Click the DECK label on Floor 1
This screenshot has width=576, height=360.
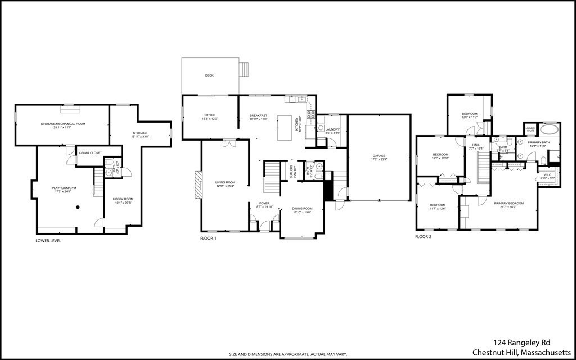pyautogui.click(x=209, y=75)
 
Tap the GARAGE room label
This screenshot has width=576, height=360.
pyautogui.click(x=379, y=155)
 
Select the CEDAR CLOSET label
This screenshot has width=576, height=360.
pyautogui.click(x=90, y=153)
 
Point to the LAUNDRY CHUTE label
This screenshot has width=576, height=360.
pyautogui.click(x=530, y=129)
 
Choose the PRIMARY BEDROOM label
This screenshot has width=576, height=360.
pyautogui.click(x=508, y=203)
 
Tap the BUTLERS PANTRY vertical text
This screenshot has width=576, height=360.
pyautogui.click(x=291, y=172)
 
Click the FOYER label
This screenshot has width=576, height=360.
pyautogui.click(x=264, y=203)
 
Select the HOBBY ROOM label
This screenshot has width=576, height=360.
pyautogui.click(x=122, y=199)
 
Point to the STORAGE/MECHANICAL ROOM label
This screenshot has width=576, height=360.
pyautogui.click(x=62, y=123)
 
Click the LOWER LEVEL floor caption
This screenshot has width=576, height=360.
pyautogui.click(x=48, y=241)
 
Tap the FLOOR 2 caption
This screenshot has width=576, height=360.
pyautogui.click(x=423, y=237)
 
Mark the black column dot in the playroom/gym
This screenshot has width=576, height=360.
pyautogui.click(x=78, y=207)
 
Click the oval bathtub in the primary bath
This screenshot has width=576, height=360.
pyautogui.click(x=550, y=129)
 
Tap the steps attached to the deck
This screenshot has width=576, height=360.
pyautogui.click(x=244, y=69)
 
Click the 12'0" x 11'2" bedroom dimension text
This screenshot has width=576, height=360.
pyautogui.click(x=469, y=117)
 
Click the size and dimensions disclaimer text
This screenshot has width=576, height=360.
pyautogui.click(x=287, y=354)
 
